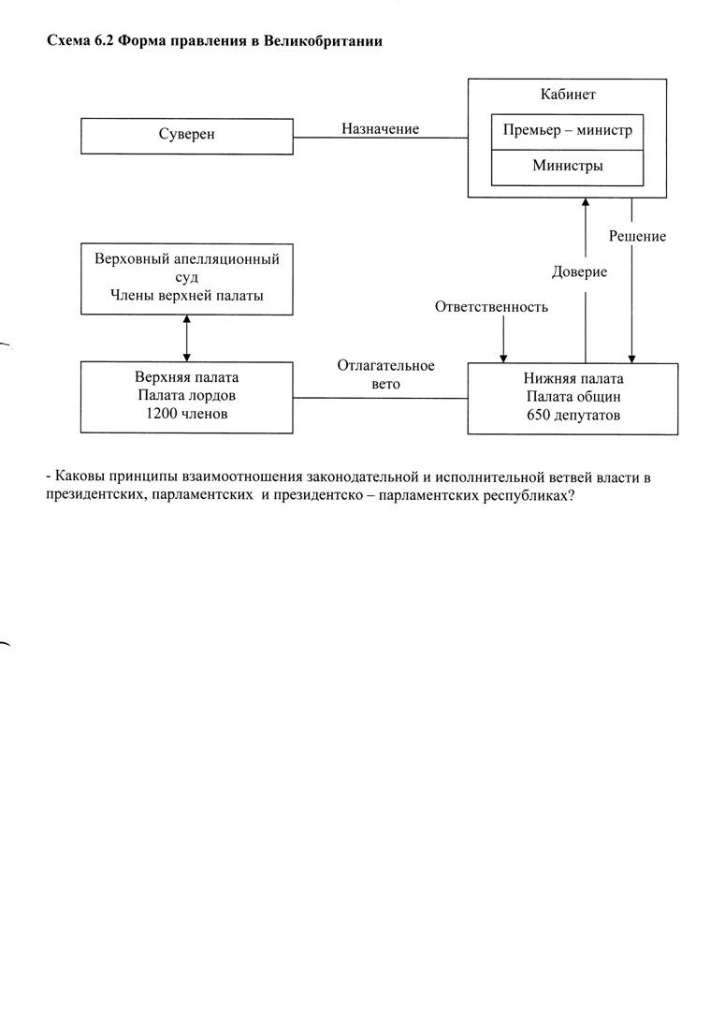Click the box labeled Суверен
click(187, 136)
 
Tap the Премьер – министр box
click(567, 132)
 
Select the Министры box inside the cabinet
click(567, 168)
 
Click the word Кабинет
click(568, 95)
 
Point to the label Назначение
click(380, 129)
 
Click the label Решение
click(637, 236)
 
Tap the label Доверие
click(579, 272)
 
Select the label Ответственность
click(491, 307)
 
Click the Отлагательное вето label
click(386, 374)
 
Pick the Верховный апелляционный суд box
click(187, 279)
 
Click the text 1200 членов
click(187, 414)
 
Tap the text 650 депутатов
click(573, 416)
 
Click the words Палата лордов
click(187, 396)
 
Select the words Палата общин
click(573, 397)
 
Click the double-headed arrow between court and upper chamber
click(187, 338)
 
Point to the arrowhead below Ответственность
click(504, 359)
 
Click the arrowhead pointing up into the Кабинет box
click(586, 202)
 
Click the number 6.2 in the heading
click(105, 41)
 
